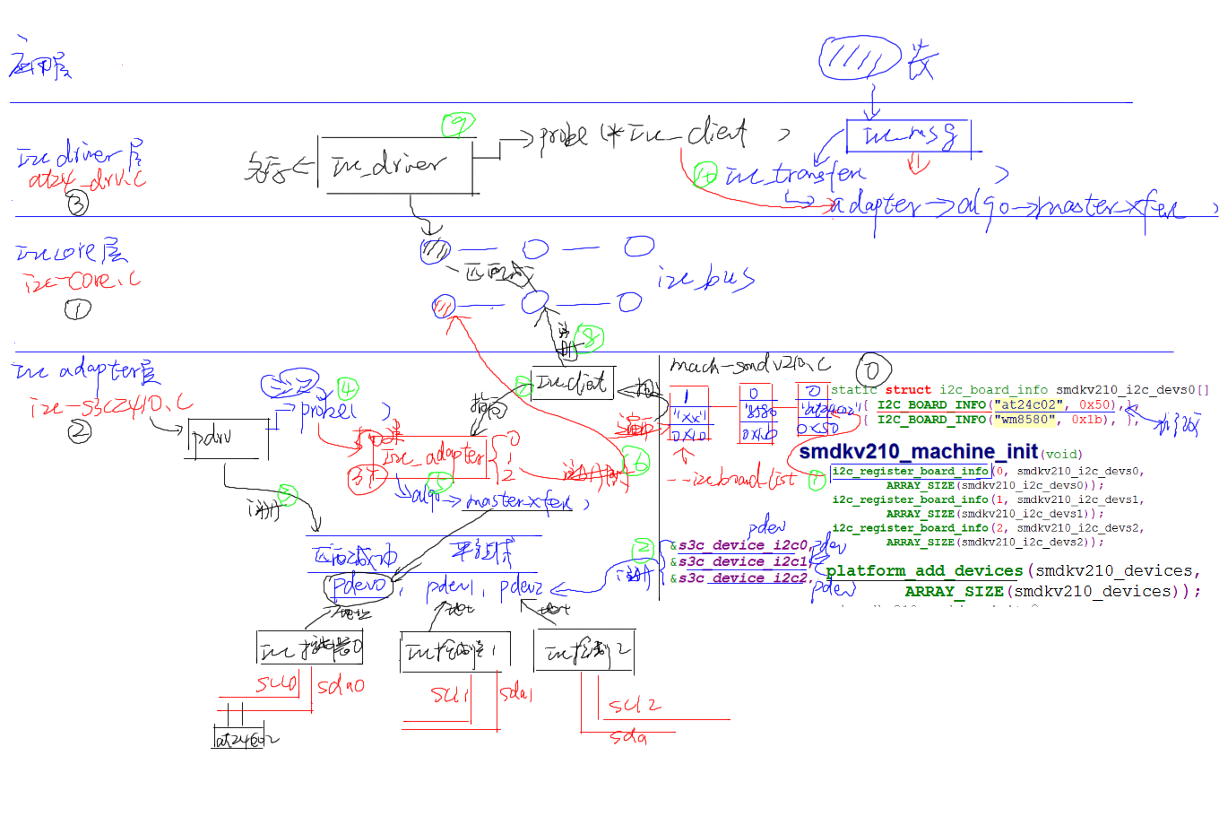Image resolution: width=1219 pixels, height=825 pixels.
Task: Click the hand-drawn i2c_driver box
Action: coord(395,166)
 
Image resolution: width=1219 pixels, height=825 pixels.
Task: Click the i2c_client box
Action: coord(571,384)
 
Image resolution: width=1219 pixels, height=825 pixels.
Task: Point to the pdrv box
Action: coord(228,439)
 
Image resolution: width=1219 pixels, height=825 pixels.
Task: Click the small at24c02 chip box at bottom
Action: coord(238,739)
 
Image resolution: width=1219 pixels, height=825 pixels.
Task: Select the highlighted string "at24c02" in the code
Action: coord(1029,404)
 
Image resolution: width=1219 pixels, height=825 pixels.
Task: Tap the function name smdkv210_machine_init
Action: coord(918,451)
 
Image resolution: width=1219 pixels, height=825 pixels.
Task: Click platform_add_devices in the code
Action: coord(924,570)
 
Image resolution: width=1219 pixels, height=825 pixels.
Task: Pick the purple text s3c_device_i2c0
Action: coord(743,545)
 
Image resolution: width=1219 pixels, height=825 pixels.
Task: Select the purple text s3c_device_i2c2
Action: coord(743,578)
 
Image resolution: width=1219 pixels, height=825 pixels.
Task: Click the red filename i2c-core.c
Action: coord(82,282)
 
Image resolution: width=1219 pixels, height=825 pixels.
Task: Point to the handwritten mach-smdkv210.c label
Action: coord(749,365)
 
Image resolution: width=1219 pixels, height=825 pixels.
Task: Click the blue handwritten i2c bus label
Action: coord(705,279)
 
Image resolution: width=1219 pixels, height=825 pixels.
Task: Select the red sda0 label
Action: coord(341,686)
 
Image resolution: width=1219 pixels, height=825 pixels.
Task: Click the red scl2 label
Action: coord(635,705)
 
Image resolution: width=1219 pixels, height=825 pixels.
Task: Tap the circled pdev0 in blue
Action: coord(359,586)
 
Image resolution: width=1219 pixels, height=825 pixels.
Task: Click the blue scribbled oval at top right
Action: coord(860,59)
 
